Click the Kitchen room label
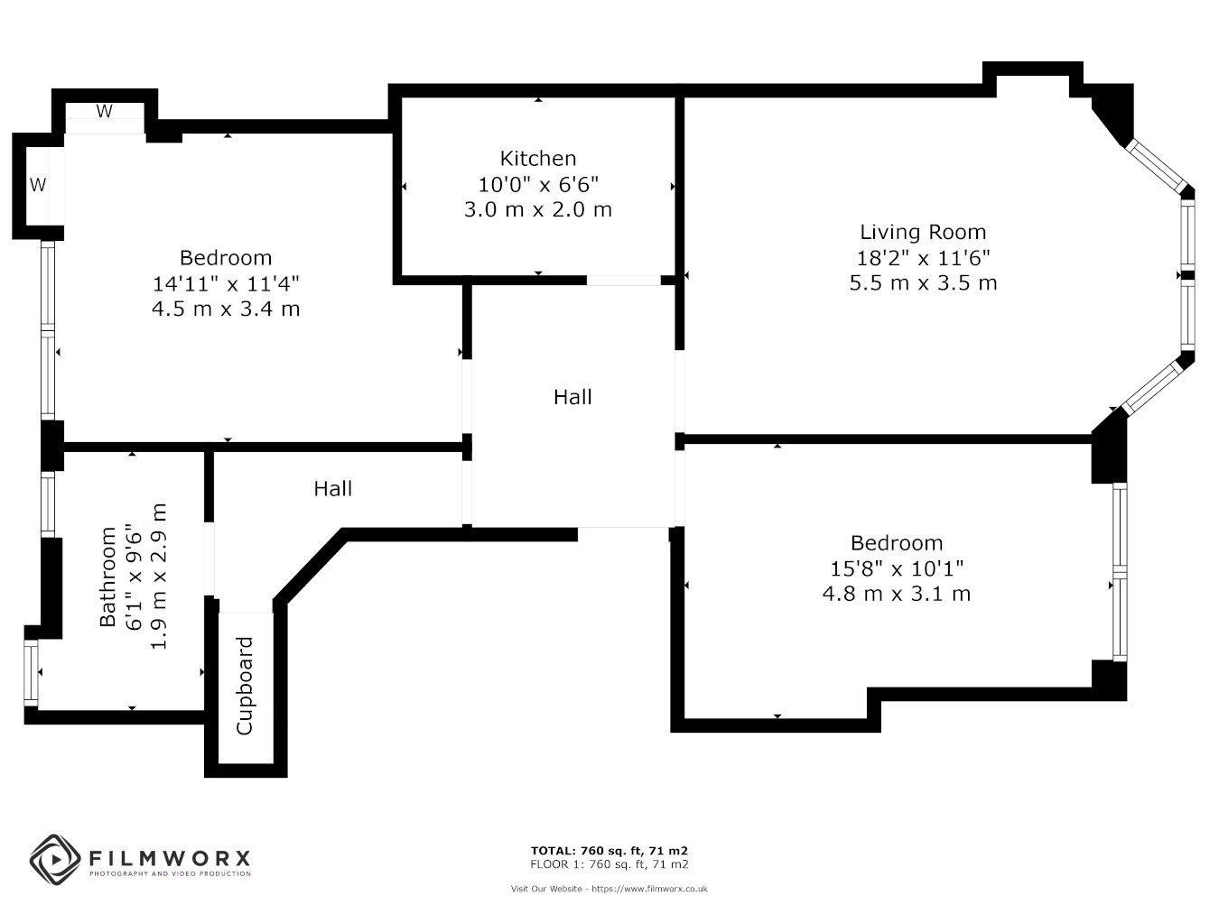[537, 159]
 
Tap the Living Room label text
[923, 232]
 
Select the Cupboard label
[245, 686]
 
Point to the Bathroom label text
[107, 577]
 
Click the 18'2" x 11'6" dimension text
[923, 257]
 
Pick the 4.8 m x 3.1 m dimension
[897, 594]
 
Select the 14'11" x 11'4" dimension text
[226, 283]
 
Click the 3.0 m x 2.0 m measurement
[537, 209]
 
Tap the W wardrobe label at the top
[104, 111]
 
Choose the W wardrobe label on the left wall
[38, 185]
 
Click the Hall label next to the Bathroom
[332, 488]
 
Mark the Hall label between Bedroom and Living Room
[572, 397]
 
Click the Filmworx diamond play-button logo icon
[55, 860]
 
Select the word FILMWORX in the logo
[170, 859]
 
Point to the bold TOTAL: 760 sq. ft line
[609, 851]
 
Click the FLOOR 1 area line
[609, 864]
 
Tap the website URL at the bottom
[649, 889]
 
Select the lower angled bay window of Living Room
[1152, 388]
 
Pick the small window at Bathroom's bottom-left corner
[31, 673]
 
